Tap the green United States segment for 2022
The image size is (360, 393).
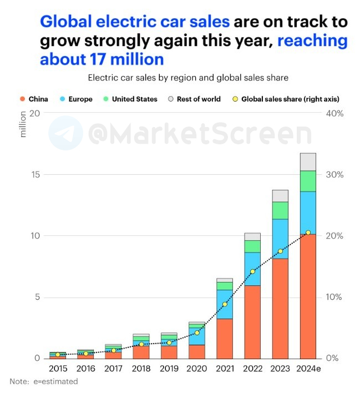click(252, 246)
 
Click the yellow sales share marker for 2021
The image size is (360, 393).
click(225, 304)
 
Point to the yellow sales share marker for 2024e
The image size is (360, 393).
click(308, 233)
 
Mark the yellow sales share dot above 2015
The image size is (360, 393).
click(58, 354)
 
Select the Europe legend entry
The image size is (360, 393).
click(76, 99)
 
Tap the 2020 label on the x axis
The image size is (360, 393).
click(197, 368)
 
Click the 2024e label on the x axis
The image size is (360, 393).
click(309, 368)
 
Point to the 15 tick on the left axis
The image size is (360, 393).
click(36, 174)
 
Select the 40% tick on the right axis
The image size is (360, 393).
click(334, 113)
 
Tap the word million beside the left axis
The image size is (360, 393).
click(23, 124)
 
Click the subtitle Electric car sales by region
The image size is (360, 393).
click(188, 77)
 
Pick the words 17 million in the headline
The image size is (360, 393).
click(102, 58)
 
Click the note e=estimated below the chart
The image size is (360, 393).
click(44, 381)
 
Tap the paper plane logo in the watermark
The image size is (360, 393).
click(65, 133)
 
